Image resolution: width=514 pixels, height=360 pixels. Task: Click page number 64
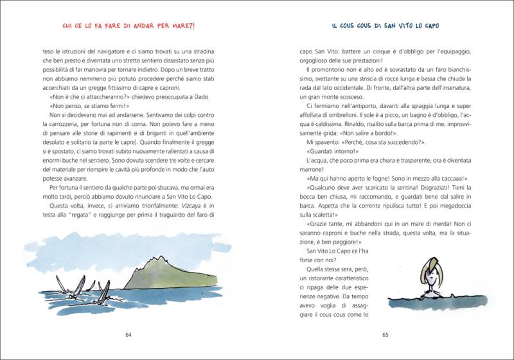[128, 334]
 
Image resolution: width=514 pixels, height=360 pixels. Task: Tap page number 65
[385, 334]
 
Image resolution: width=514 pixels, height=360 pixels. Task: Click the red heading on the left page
[128, 26]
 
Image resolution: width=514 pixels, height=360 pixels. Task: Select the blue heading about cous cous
[385, 26]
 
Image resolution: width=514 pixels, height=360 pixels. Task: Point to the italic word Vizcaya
[181, 205]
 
